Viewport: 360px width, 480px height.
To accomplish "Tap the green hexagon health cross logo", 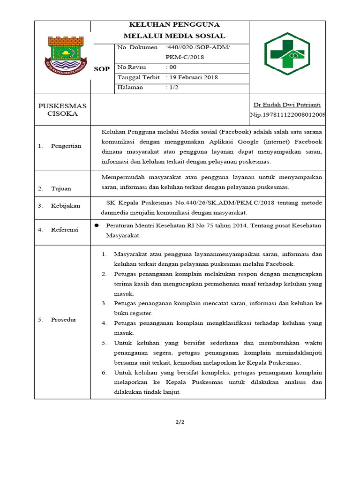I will pyautogui.click(x=287, y=56).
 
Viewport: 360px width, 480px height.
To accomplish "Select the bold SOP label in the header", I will pyautogui.click(x=102, y=69).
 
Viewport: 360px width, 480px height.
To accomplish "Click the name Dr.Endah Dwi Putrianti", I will pyautogui.click(x=287, y=105).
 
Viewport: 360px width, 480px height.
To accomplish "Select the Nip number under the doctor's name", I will pyautogui.click(x=288, y=115).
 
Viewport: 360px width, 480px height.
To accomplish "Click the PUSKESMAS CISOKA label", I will pyautogui.click(x=62, y=110).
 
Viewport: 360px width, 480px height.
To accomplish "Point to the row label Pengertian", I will pyautogui.click(x=66, y=146).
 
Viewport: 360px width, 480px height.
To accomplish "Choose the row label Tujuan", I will pyautogui.click(x=61, y=188).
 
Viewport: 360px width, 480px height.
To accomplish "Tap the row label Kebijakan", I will pyautogui.click(x=66, y=205).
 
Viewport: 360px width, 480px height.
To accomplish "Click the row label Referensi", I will pyautogui.click(x=65, y=230).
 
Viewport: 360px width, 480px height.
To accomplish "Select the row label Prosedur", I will pyautogui.click(x=63, y=320).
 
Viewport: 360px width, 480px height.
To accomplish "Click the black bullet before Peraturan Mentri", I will pyautogui.click(x=97, y=225).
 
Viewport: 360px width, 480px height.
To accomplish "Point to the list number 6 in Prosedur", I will pyautogui.click(x=104, y=373).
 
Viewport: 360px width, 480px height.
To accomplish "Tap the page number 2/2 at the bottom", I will pyautogui.click(x=180, y=422).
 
